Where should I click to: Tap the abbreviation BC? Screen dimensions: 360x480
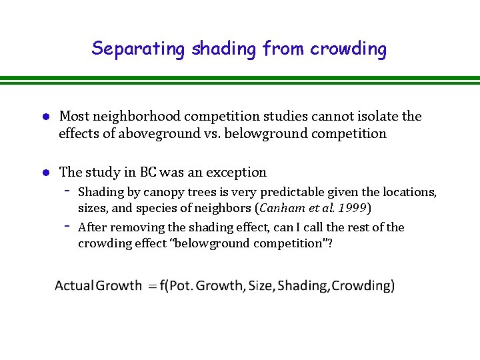click(148, 172)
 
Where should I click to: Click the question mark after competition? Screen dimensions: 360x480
click(329, 243)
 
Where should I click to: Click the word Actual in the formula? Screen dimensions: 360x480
click(73, 286)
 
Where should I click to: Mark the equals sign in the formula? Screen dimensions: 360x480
click(153, 287)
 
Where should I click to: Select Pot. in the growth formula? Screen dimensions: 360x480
click(185, 286)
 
